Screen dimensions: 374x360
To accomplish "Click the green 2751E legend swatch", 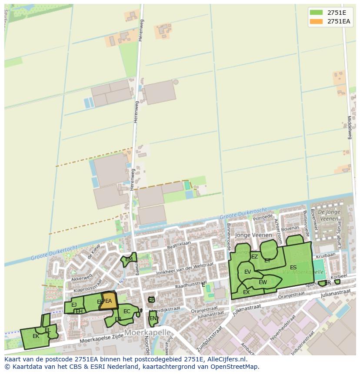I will (316, 12).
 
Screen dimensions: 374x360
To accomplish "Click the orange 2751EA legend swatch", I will (316, 21).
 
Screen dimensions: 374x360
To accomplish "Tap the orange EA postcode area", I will (109, 301).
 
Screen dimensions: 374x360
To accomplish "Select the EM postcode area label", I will (129, 259).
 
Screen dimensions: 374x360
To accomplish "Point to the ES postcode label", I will (293, 267).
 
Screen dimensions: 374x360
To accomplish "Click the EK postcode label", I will (36, 336).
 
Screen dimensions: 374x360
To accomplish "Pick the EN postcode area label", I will (153, 318).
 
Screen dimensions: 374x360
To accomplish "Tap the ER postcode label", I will (327, 283).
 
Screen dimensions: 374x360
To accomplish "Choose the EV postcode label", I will (247, 272).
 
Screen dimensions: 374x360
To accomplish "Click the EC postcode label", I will (127, 311).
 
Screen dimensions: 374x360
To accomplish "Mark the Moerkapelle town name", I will (147, 332).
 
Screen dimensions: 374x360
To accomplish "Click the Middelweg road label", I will (349, 127).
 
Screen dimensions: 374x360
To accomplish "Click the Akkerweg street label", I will (82, 276).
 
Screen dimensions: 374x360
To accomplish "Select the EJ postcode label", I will (74, 305).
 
